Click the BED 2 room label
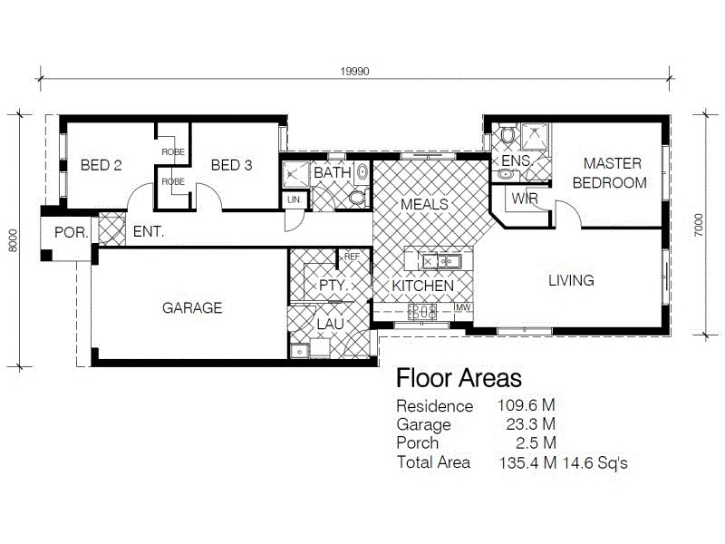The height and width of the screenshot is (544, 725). pos(101,165)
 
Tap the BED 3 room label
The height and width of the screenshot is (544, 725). pos(231,165)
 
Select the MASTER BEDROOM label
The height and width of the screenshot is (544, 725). pos(614,173)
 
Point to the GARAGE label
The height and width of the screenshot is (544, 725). pos(192,308)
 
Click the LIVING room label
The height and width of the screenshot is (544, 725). pos(571,280)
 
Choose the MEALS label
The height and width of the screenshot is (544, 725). pos(424,204)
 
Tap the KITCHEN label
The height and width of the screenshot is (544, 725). pos(422,286)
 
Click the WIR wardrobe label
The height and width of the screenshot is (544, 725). pos(526,198)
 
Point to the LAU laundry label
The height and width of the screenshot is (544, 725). pos(329,323)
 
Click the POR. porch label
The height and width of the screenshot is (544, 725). pos(72,232)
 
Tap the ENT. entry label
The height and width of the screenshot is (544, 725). pos(149,232)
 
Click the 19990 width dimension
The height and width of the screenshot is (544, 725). pos(355,73)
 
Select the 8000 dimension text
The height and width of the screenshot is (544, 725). pos(13,240)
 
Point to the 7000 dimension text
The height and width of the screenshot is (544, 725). pos(698,225)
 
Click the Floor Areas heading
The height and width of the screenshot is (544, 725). pos(459,378)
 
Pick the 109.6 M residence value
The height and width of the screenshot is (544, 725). pos(527,406)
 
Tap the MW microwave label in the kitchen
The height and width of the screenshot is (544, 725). pos(462,308)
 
